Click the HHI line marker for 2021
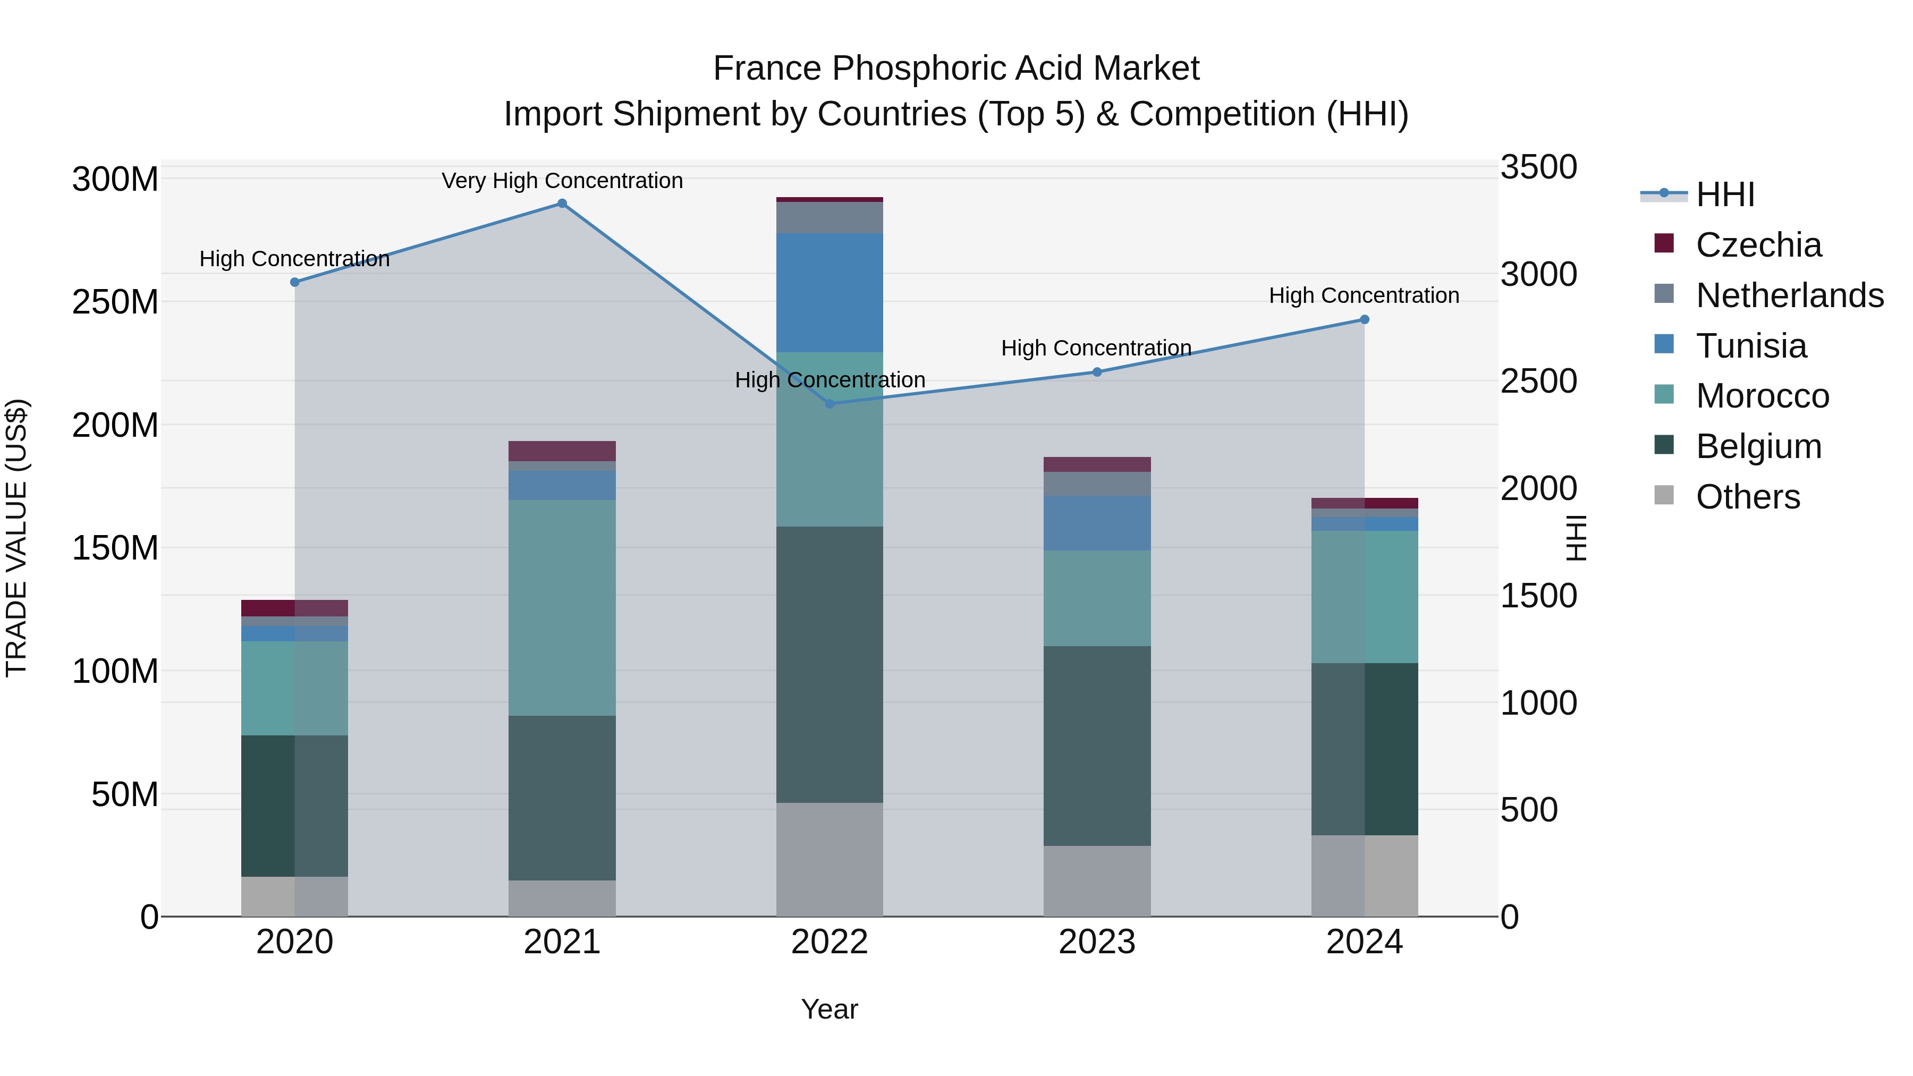pyautogui.click(x=562, y=204)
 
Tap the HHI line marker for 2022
pyautogui.click(x=830, y=404)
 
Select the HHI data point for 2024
pyautogui.click(x=1364, y=320)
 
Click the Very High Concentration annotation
pyautogui.click(x=562, y=181)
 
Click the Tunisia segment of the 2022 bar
pyautogui.click(x=829, y=293)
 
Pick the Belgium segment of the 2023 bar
pyautogui.click(x=1097, y=745)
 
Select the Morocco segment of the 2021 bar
pyautogui.click(x=562, y=607)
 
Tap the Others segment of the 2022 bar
pyautogui.click(x=829, y=859)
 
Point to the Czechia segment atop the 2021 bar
pyautogui.click(x=562, y=451)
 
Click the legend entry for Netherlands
pyautogui.click(x=1789, y=295)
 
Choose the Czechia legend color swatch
pyautogui.click(x=1664, y=243)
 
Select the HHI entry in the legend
pyautogui.click(x=1724, y=194)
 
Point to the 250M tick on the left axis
pyautogui.click(x=115, y=302)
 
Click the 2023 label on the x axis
pyautogui.click(x=1097, y=942)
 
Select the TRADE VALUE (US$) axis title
pyautogui.click(x=16, y=538)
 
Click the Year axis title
pyautogui.click(x=829, y=1009)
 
